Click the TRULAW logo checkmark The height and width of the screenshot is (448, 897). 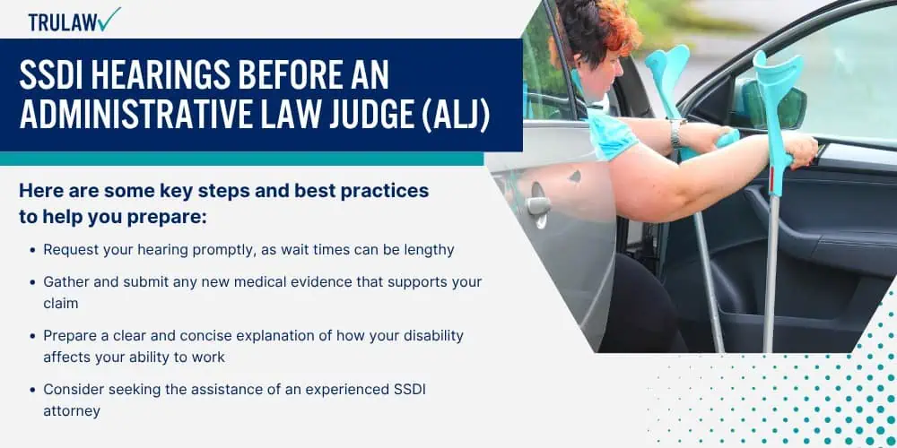109,18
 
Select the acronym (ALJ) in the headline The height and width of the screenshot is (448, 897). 456,116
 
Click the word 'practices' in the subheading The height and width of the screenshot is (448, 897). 385,191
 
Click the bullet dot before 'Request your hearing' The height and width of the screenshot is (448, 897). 32,250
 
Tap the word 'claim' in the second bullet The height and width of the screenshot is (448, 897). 61,303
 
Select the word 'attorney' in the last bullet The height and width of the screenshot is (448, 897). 72,410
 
